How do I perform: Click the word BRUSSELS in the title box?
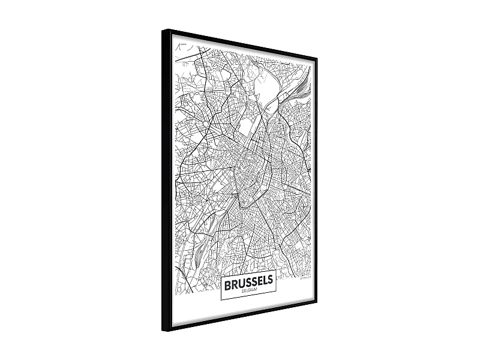(x=248, y=281)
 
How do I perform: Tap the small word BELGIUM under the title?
(x=248, y=290)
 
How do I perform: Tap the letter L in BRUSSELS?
(x=265, y=280)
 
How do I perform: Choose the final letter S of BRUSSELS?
(x=271, y=280)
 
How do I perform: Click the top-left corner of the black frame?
(x=163, y=30)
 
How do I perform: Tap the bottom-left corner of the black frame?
(x=163, y=331)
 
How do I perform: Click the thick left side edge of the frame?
(x=166, y=180)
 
